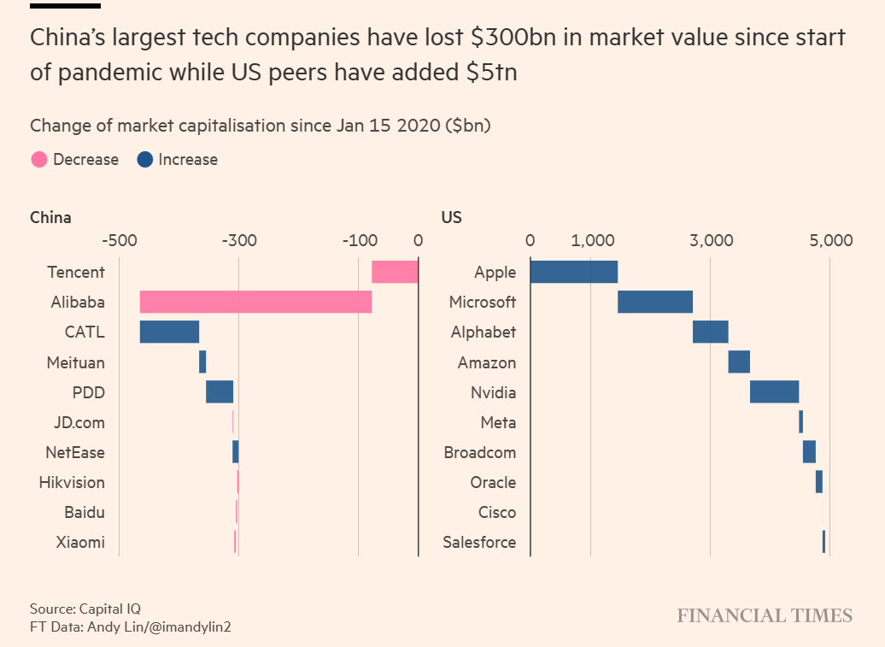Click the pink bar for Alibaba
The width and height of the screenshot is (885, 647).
tap(255, 302)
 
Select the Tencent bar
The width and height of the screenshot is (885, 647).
tap(395, 272)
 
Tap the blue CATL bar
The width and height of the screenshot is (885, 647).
tap(169, 332)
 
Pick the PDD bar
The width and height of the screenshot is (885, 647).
tap(220, 391)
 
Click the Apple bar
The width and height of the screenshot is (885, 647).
tap(573, 272)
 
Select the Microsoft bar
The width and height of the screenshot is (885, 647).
tap(654, 302)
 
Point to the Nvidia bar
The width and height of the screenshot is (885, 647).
tap(774, 391)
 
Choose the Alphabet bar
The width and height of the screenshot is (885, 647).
tap(710, 332)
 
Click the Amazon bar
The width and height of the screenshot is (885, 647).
tap(739, 362)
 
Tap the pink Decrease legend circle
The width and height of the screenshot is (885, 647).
tap(38, 160)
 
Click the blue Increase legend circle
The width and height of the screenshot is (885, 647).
tap(144, 160)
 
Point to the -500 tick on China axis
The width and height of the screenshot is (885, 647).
tap(119, 240)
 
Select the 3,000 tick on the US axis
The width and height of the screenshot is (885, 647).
tap(710, 240)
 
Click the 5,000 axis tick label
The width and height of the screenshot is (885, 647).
tap(829, 240)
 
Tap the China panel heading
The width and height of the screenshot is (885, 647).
tap(50, 217)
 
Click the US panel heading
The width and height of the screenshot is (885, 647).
tap(451, 217)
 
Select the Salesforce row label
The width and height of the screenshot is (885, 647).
tap(479, 542)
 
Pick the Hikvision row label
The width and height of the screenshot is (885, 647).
tap(72, 482)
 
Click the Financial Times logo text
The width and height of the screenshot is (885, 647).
tap(765, 615)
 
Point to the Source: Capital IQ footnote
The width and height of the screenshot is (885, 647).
tap(85, 609)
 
